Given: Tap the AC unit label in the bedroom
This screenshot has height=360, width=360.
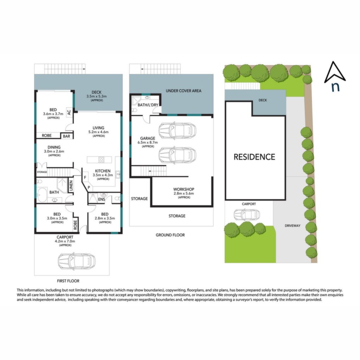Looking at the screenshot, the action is [x=69, y=112].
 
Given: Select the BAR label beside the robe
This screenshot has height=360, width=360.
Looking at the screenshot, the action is [x=66, y=136].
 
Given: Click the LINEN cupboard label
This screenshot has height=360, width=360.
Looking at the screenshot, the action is [x=71, y=186].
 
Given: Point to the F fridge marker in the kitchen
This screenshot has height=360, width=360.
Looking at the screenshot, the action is [x=85, y=178].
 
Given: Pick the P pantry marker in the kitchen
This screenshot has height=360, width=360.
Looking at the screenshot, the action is [x=89, y=188].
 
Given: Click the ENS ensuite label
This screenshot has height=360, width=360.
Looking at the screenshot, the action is [x=102, y=199].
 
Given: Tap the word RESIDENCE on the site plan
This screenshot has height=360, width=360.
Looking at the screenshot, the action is [x=255, y=157].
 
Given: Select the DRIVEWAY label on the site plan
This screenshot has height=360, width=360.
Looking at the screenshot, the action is [x=292, y=226].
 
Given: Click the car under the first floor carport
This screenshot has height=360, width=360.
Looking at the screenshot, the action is [x=76, y=261].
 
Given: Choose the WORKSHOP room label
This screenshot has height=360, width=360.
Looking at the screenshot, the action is [x=184, y=189].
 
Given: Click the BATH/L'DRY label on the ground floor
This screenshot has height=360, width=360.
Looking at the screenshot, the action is [x=148, y=105].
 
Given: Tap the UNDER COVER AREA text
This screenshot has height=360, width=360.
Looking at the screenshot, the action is [x=184, y=91].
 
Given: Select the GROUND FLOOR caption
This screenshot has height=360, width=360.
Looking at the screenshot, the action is [x=170, y=235].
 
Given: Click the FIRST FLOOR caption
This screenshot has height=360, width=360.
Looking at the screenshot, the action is [x=68, y=281].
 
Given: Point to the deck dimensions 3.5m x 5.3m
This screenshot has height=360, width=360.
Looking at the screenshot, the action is [x=96, y=96].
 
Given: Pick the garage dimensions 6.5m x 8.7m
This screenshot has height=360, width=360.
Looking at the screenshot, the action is [x=148, y=142].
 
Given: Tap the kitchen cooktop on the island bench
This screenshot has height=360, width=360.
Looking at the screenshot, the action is [x=102, y=159].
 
